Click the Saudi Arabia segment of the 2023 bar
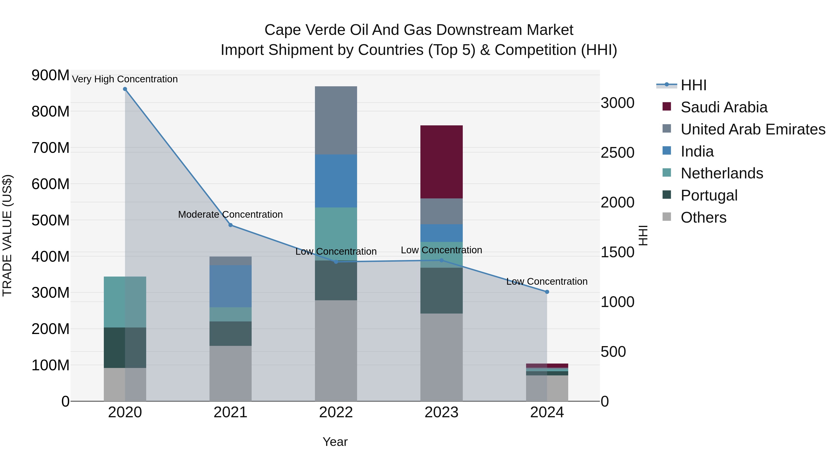click(x=441, y=162)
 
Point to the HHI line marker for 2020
click(x=125, y=89)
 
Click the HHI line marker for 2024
click(x=547, y=292)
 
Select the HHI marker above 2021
click(x=230, y=225)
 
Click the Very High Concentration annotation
click(x=125, y=79)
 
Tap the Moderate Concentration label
click(x=230, y=214)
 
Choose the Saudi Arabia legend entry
click(x=723, y=107)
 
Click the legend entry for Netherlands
click(x=722, y=173)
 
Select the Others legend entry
click(x=703, y=217)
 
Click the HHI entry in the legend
click(x=693, y=85)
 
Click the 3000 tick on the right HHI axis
click(x=617, y=103)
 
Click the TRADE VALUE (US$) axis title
click(x=7, y=235)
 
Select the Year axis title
click(x=335, y=442)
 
